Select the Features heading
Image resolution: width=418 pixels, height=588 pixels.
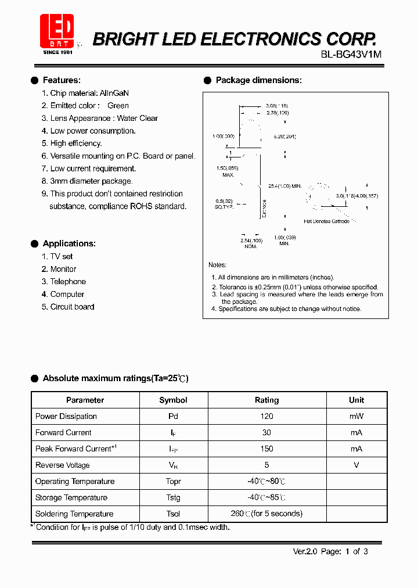click(62, 80)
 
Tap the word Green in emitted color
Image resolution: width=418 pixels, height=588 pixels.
click(118, 106)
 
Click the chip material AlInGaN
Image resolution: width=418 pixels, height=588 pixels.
click(114, 93)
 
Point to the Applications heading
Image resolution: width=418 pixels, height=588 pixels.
click(69, 243)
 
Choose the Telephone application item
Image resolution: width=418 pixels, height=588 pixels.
click(68, 282)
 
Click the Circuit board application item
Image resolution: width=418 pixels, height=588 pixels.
click(72, 307)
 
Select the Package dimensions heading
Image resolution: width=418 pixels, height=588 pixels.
click(258, 80)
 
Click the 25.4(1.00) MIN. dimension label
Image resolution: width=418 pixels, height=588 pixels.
click(285, 186)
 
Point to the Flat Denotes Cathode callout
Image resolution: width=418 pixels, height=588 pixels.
click(326, 221)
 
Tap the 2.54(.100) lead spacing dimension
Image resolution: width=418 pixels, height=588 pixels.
click(251, 240)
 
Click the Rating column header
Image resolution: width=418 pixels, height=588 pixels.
click(267, 400)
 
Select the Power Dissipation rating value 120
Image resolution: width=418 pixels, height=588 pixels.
click(267, 417)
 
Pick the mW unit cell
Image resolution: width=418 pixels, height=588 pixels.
click(356, 417)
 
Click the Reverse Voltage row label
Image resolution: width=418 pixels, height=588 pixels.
click(63, 465)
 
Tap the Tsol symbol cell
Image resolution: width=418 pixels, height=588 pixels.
click(173, 514)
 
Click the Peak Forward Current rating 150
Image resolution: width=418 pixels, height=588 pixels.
click(267, 449)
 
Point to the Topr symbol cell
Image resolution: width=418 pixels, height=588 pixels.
click(173, 482)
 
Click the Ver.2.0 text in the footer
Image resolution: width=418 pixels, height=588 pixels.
click(305, 552)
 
